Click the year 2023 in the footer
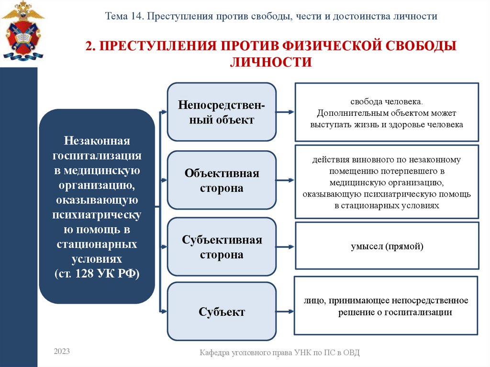pyautogui.click(x=62, y=352)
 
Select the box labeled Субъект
pyautogui.click(x=222, y=312)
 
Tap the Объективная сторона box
pyautogui.click(x=222, y=180)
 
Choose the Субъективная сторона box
pyautogui.click(x=222, y=247)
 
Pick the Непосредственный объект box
pyautogui.click(x=222, y=112)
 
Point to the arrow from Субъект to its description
pyautogui.click(x=285, y=311)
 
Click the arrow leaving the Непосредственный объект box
pyautogui.click(x=285, y=112)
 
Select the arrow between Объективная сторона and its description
pyautogui.click(x=285, y=180)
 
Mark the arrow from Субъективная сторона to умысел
pyautogui.click(x=285, y=247)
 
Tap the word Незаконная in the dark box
pyautogui.click(x=97, y=142)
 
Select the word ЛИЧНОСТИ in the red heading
pyautogui.click(x=271, y=62)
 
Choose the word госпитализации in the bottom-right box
pyautogui.click(x=421, y=312)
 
